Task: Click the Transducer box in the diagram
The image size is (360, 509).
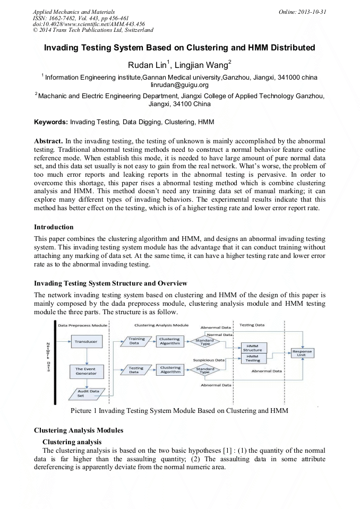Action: [85, 342]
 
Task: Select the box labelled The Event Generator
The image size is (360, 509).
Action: [85, 371]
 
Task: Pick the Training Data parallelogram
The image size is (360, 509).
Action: [136, 341]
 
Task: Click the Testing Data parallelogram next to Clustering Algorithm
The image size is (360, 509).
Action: [136, 370]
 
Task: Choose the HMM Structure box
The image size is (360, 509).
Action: [252, 348]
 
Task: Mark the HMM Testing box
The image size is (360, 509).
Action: [252, 359]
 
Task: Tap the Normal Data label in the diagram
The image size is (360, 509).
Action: [219, 335]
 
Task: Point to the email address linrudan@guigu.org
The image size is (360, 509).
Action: [179, 84]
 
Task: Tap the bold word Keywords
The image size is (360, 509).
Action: [51, 122]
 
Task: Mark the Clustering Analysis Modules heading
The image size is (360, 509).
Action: [79, 430]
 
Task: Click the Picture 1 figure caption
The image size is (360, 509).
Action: [180, 410]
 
